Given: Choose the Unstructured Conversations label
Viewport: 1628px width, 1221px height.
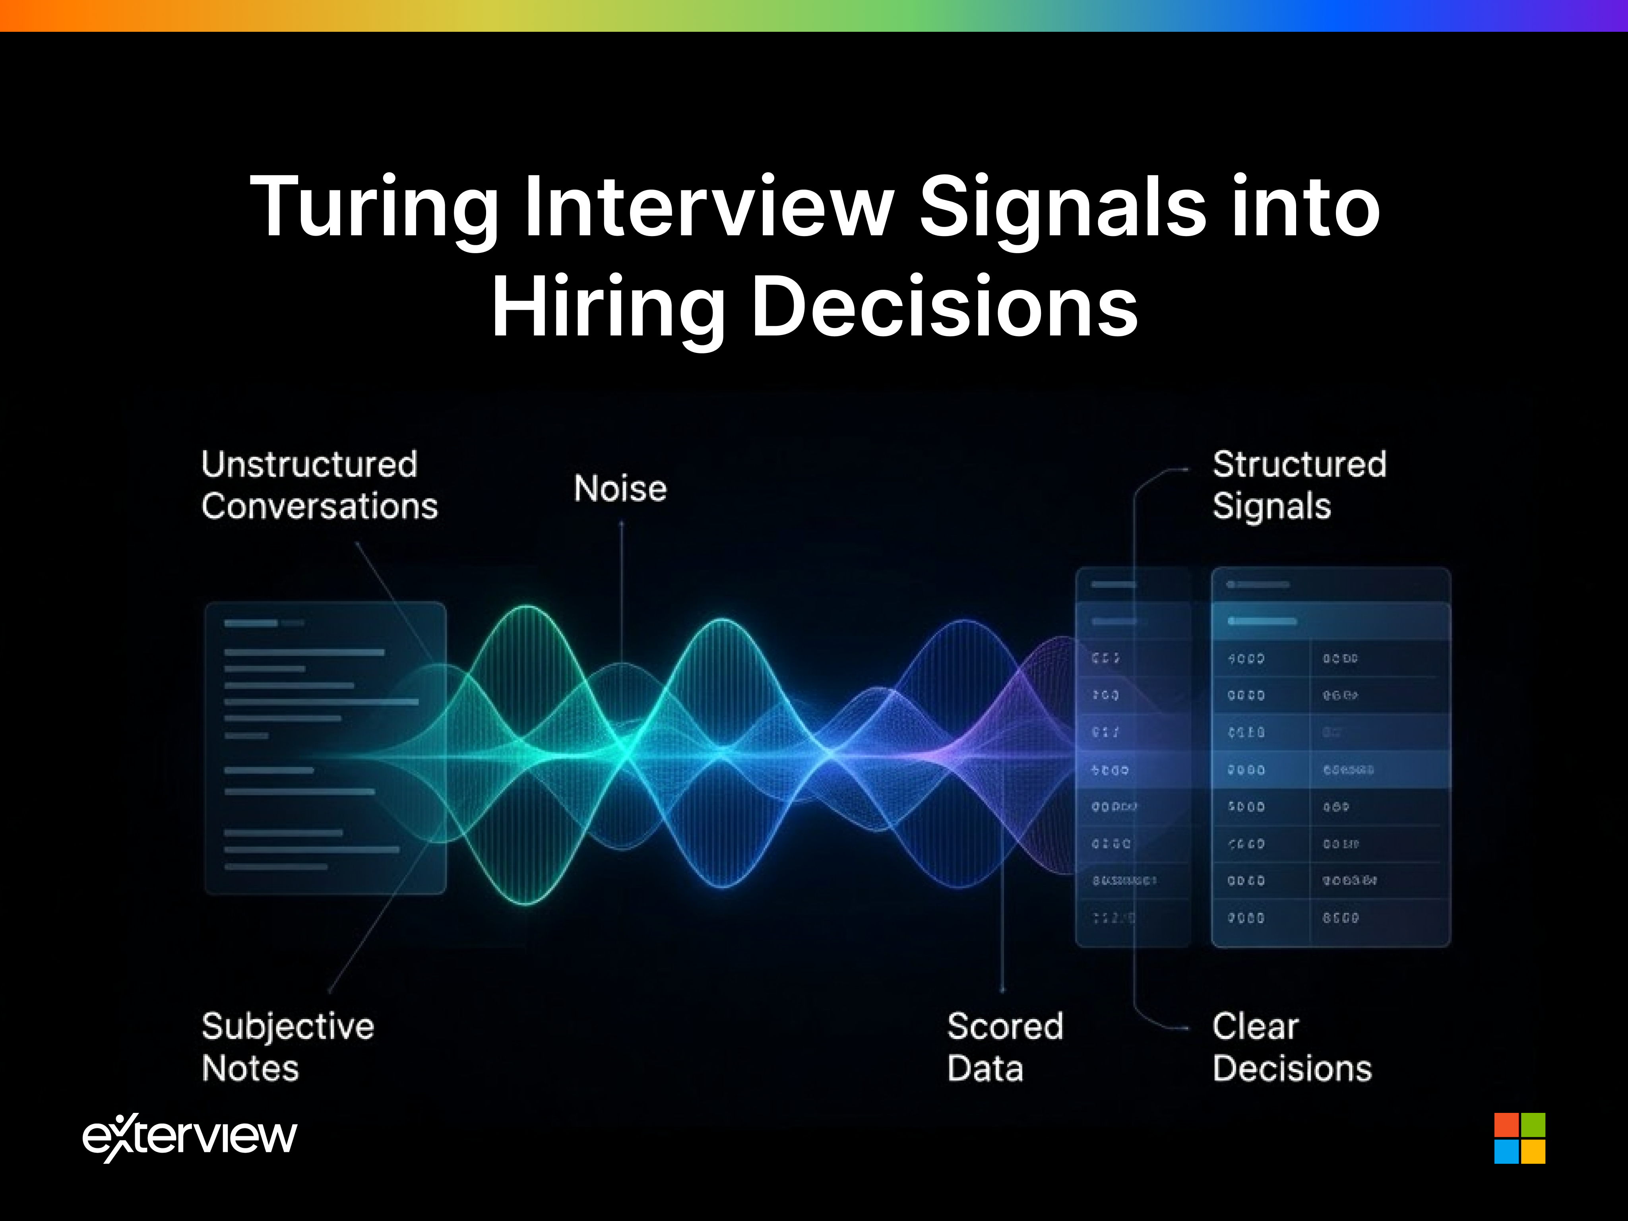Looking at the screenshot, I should click(x=320, y=486).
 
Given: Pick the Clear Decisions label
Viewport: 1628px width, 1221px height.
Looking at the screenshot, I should click(x=1292, y=1047).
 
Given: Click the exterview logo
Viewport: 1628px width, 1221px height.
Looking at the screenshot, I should click(x=190, y=1137).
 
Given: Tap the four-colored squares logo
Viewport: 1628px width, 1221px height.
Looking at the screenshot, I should click(x=1519, y=1138).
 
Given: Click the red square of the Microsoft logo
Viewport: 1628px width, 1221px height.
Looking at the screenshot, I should click(x=1506, y=1125).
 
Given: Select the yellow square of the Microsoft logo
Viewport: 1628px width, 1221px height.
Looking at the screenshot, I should click(x=1532, y=1151).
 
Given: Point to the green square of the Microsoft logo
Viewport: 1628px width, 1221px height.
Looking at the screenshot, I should click(x=1532, y=1125).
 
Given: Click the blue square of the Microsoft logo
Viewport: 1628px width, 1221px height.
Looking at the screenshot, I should click(x=1506, y=1151).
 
